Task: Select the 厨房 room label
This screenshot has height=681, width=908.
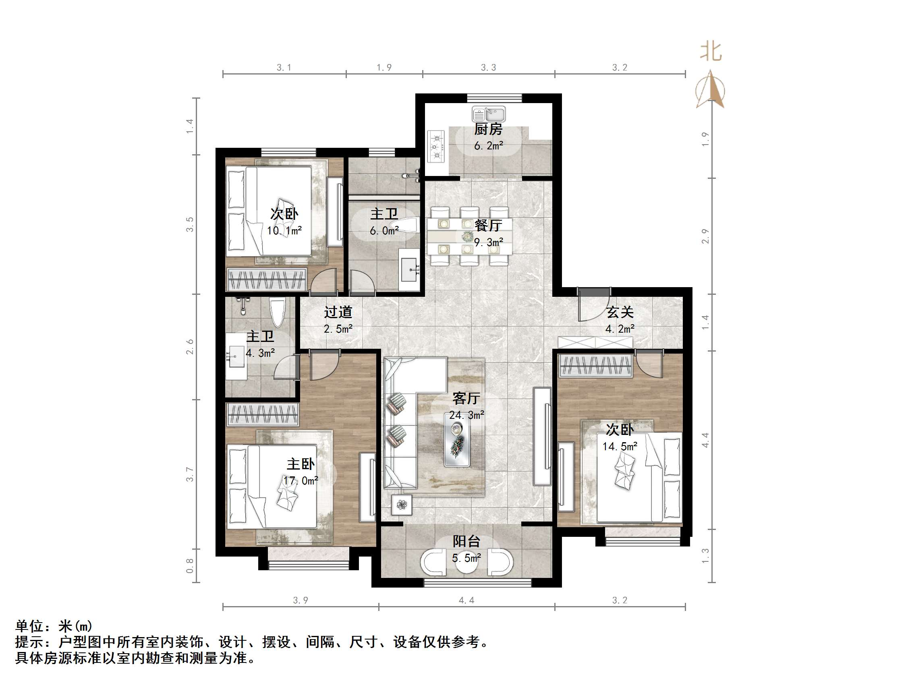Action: pyautogui.click(x=488, y=129)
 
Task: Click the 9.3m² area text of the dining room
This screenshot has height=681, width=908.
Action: pyautogui.click(x=489, y=242)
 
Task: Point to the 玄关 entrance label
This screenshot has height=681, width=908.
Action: pyautogui.click(x=620, y=313)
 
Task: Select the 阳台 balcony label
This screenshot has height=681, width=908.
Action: pyautogui.click(x=466, y=541)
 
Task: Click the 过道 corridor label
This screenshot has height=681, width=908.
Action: pyautogui.click(x=338, y=313)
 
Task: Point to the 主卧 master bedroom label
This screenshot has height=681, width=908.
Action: pyautogui.click(x=301, y=464)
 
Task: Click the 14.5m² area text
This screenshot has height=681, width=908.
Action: pyautogui.click(x=620, y=447)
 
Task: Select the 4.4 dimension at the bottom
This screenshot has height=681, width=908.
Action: pyautogui.click(x=466, y=600)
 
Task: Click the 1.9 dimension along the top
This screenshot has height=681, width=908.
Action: pyautogui.click(x=384, y=67)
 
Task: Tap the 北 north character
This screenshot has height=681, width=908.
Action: pyautogui.click(x=711, y=52)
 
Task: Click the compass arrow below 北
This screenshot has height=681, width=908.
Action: pyautogui.click(x=711, y=90)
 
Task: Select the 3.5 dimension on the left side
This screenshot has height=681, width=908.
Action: pyautogui.click(x=189, y=225)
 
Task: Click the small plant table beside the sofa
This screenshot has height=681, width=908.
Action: pyautogui.click(x=402, y=505)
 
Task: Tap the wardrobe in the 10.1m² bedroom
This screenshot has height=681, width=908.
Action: pyautogui.click(x=267, y=279)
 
